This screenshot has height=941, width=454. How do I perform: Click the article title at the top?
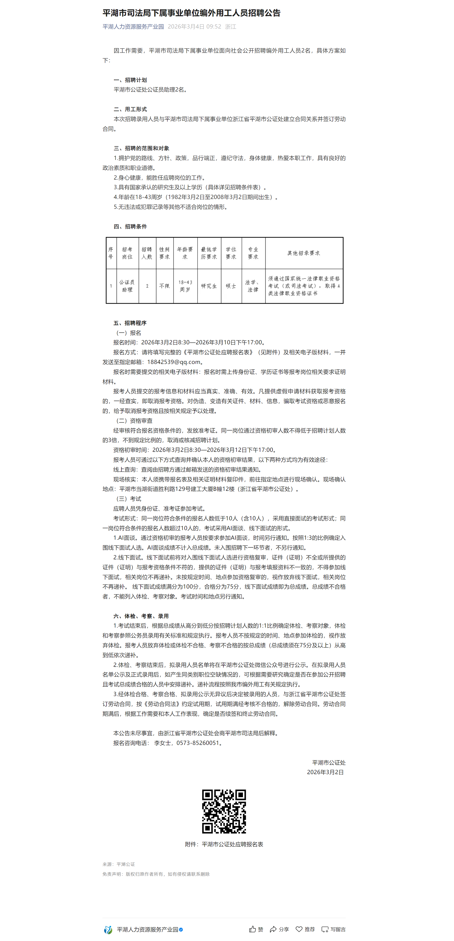pyautogui.click(x=191, y=13)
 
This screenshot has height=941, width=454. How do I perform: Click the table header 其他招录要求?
pyautogui.click(x=304, y=253)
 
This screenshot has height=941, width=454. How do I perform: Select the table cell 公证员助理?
pyautogui.click(x=127, y=286)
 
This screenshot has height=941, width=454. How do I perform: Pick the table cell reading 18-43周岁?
pyautogui.click(x=185, y=286)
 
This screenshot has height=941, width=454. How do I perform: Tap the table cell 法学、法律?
pyautogui.click(x=253, y=286)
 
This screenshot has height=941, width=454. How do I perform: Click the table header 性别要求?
pyautogui.click(x=164, y=253)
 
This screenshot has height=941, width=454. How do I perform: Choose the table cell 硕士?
pyautogui.click(x=231, y=286)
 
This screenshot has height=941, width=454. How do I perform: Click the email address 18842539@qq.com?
pyautogui.click(x=174, y=362)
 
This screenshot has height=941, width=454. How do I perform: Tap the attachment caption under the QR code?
pyautogui.click(x=224, y=844)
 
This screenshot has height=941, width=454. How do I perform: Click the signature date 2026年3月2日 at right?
pyautogui.click(x=325, y=772)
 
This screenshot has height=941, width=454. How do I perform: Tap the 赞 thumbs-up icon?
pyautogui.click(x=252, y=929)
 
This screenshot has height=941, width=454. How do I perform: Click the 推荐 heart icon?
pyautogui.click(x=299, y=929)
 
